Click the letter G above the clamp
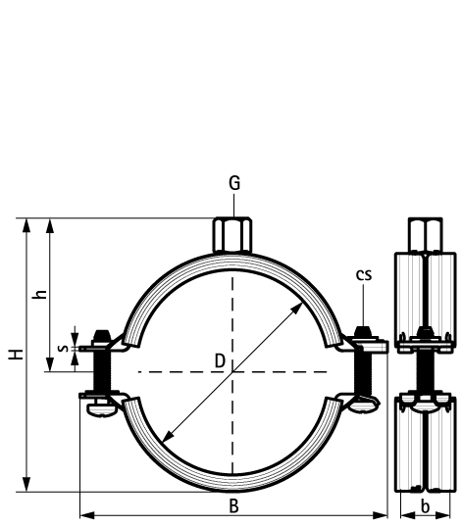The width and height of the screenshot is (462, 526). pyautogui.click(x=232, y=183)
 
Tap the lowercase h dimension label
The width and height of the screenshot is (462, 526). pyautogui.click(x=38, y=295)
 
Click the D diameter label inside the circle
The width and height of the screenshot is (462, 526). pyautogui.click(x=220, y=361)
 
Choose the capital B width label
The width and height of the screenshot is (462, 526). pyautogui.click(x=233, y=505)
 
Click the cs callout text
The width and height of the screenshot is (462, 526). pyautogui.click(x=363, y=274)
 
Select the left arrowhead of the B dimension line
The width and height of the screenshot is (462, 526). pyautogui.click(x=82, y=513)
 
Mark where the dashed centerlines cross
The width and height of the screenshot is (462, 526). pyautogui.click(x=231, y=372)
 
